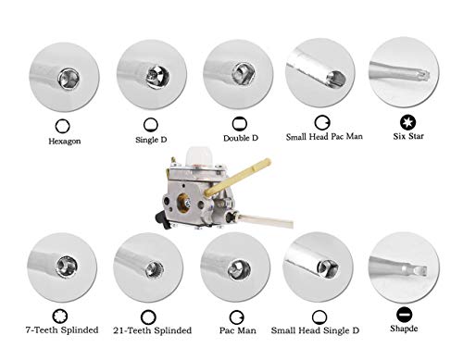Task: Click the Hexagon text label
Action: pos(66,143)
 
